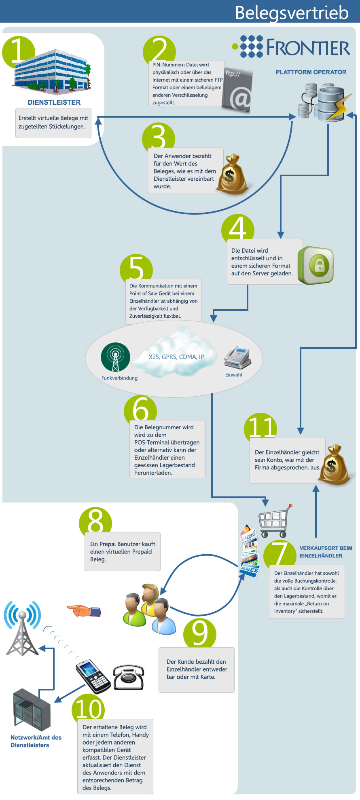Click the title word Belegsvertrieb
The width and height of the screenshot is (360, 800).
point(292,12)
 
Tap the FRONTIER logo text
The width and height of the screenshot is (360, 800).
point(308,47)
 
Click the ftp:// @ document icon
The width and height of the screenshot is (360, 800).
point(237,89)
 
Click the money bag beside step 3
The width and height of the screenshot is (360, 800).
point(231,174)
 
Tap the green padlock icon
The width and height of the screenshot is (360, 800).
point(316,265)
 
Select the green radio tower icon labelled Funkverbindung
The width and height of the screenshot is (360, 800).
point(116,357)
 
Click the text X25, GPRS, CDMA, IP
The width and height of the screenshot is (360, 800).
point(176,357)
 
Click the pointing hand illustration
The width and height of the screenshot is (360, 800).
point(84,610)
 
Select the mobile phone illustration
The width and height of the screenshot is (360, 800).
point(93,676)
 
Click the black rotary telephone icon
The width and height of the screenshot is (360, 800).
point(128,677)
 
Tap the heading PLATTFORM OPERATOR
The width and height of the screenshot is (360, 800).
point(311,72)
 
